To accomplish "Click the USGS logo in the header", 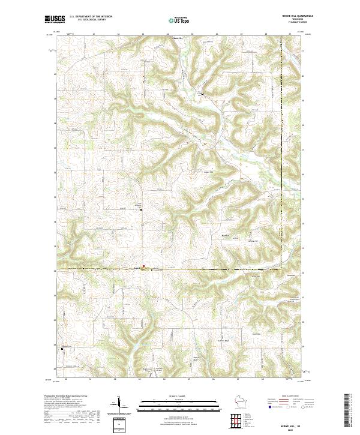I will [x=55, y=19].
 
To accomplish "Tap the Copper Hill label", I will [x=209, y=169].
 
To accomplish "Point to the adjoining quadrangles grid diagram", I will [x=236, y=421].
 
